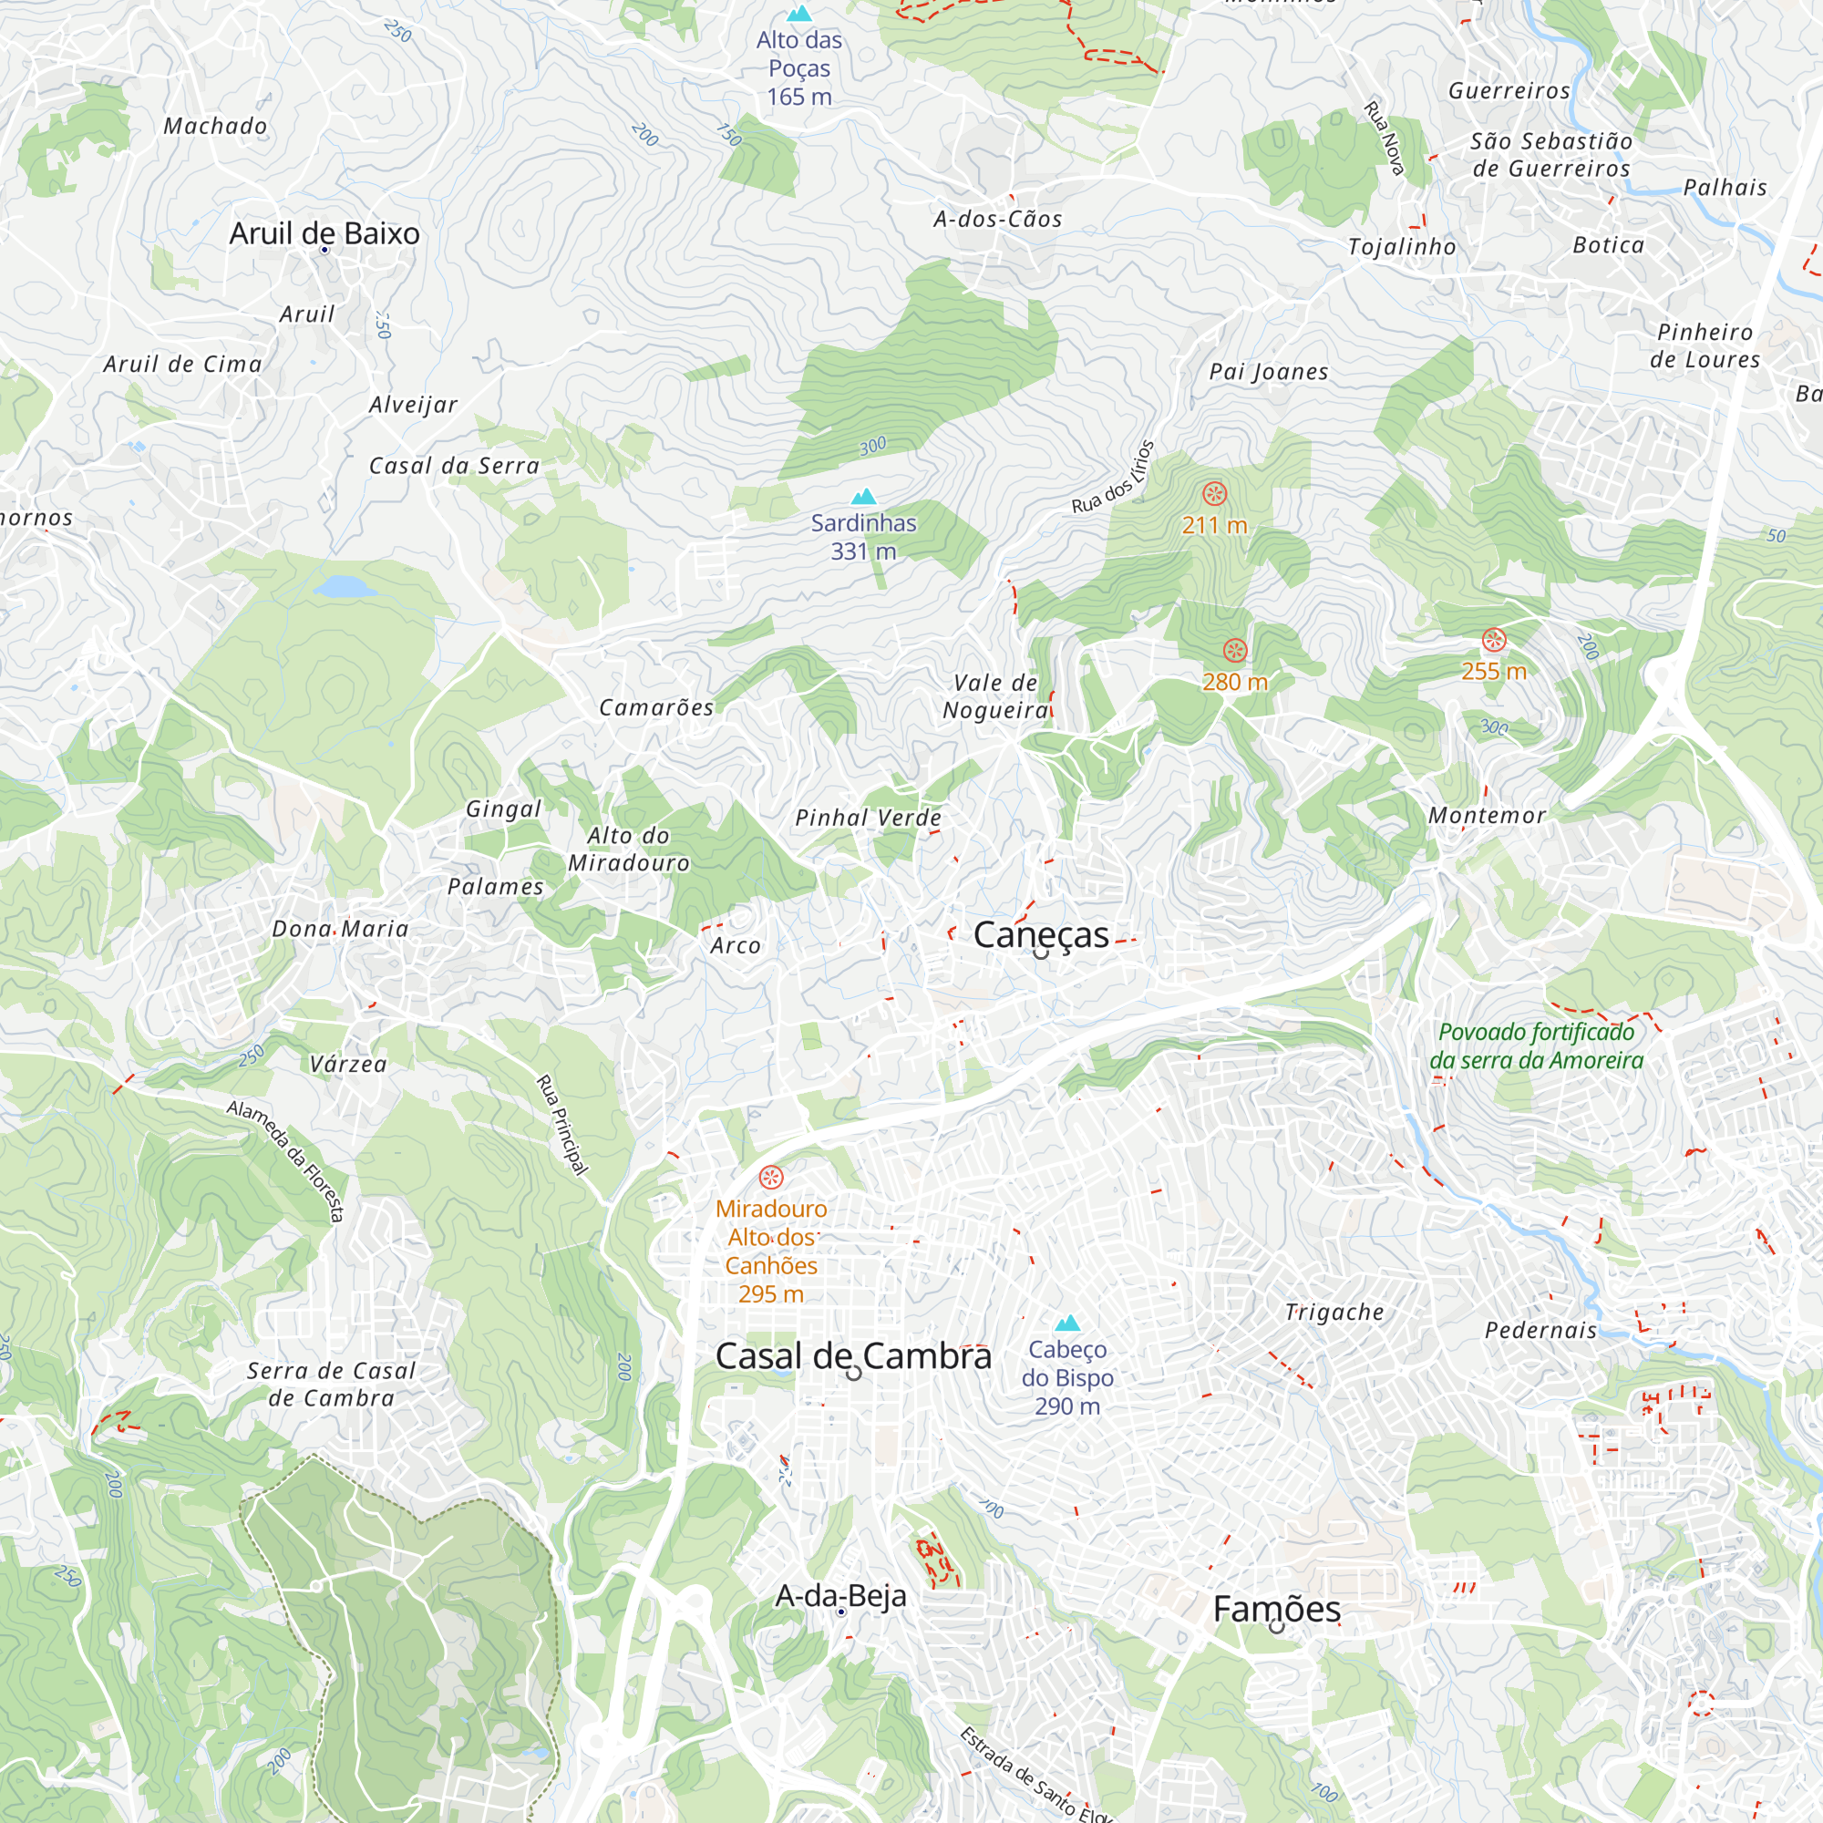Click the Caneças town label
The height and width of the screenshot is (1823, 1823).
point(1041,935)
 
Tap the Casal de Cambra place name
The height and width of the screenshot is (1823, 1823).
point(853,1356)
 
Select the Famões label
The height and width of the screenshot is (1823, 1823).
point(1277,1609)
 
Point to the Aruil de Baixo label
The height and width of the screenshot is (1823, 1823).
point(324,233)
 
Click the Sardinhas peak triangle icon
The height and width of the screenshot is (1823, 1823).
point(863,498)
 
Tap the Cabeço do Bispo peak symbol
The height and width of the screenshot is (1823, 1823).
point(1067,1323)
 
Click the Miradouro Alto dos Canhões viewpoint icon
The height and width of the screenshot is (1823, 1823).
point(772,1178)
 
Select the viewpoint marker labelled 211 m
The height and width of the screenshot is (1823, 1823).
point(1214,493)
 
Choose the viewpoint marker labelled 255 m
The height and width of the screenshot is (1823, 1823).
point(1494,641)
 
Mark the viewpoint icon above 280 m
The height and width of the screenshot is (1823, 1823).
point(1235,650)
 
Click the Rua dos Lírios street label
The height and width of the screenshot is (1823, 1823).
point(1114,478)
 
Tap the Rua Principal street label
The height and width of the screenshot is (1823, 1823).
point(562,1125)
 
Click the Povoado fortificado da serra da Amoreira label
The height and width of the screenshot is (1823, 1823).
point(1536,1046)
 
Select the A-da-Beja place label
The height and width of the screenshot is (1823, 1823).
point(840,1596)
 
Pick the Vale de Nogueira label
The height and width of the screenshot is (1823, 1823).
point(995,696)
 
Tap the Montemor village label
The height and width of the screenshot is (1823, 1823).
point(1487,815)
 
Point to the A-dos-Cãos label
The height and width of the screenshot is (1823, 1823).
point(997,219)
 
